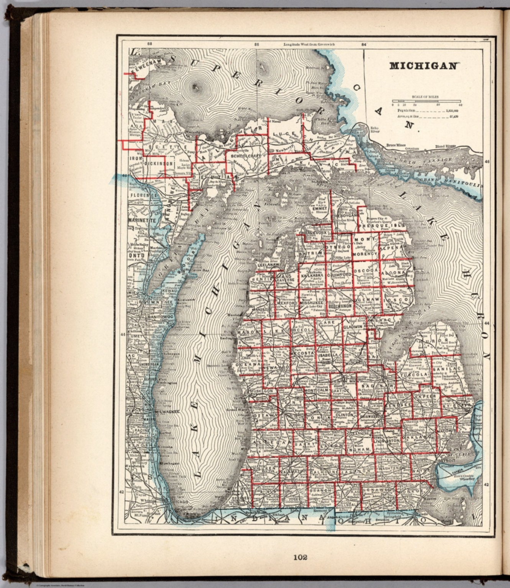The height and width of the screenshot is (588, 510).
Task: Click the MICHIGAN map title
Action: [x=423, y=65]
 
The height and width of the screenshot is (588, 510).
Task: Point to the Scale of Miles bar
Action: [x=426, y=102]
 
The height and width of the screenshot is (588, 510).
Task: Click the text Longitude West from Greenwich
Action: [x=309, y=44]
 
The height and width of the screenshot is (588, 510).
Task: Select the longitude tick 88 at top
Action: [x=149, y=44]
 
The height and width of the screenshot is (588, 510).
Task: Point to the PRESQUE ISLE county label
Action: [x=387, y=226]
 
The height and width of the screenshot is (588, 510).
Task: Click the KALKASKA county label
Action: [x=312, y=275]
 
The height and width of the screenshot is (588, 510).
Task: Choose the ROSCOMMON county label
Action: [x=339, y=306]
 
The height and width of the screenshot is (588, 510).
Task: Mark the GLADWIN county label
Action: [x=353, y=327]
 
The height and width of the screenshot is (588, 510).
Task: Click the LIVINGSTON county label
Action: [x=387, y=441]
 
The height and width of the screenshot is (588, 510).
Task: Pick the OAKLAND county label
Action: [x=422, y=437]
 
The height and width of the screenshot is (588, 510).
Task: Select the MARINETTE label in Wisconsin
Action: [x=142, y=221]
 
